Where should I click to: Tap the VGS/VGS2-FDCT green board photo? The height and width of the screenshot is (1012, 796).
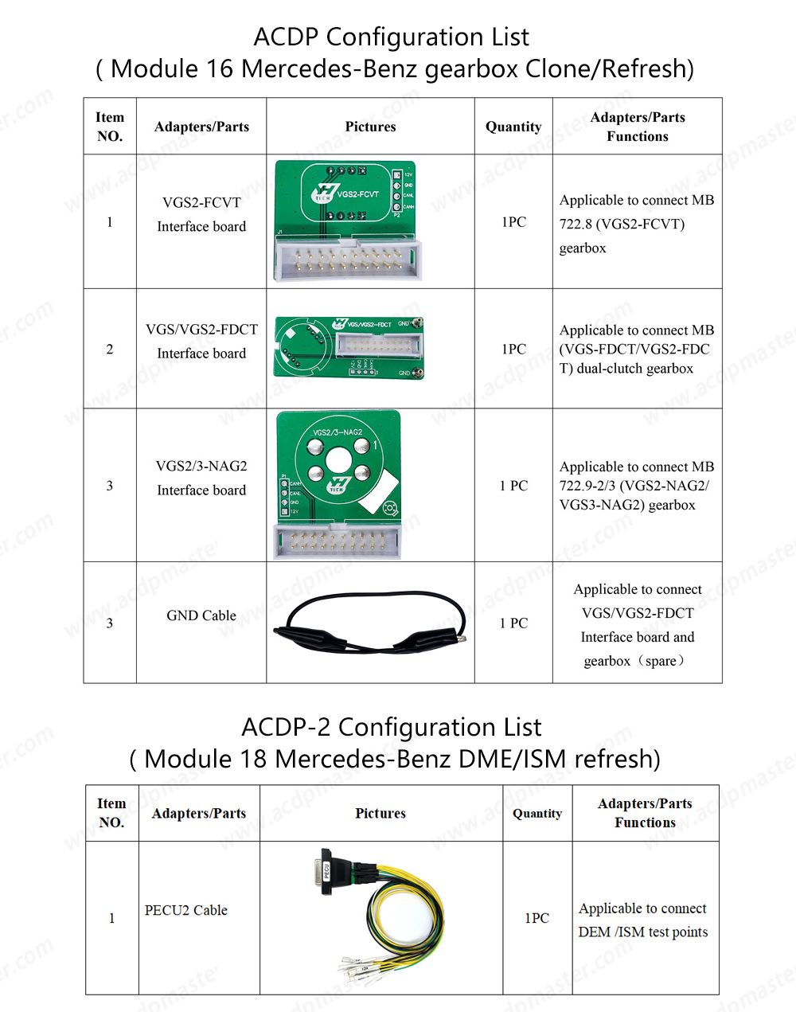tap(349, 348)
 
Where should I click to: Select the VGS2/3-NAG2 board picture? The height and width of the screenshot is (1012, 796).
tap(338, 484)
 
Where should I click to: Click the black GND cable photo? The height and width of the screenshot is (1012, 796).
tap(369, 622)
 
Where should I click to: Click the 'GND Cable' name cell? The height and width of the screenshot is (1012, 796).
tap(201, 615)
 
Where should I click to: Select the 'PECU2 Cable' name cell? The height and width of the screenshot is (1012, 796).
tap(186, 910)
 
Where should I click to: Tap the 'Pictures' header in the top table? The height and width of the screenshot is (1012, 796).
tap(370, 127)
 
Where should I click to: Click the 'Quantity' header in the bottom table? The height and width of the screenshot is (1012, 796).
tap(537, 813)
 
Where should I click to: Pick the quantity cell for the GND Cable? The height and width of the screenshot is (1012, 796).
tap(513, 623)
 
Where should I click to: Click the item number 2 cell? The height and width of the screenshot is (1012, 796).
tap(110, 349)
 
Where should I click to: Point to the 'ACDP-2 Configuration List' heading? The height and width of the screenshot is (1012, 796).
tap(391, 727)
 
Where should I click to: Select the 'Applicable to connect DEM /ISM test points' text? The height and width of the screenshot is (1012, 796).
tap(643, 920)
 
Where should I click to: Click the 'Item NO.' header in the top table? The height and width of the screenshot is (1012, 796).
tap(110, 127)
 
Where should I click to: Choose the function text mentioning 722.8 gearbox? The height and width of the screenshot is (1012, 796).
tap(637, 224)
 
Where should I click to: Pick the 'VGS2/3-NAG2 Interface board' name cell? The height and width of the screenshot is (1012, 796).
tap(201, 478)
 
